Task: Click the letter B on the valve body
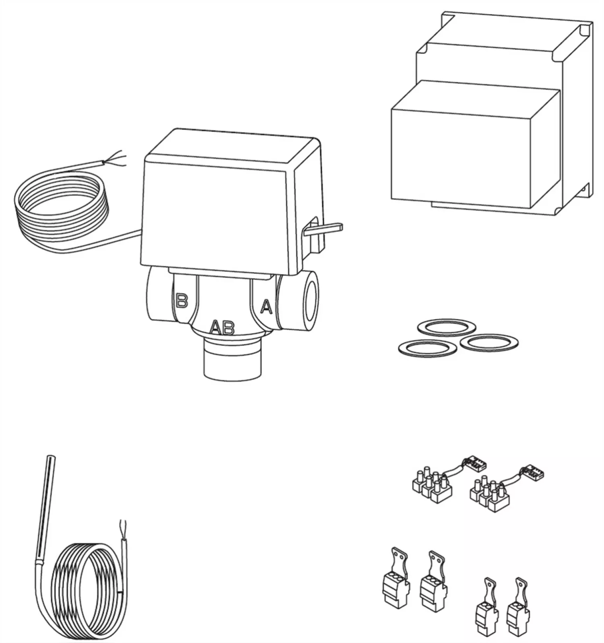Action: tap(182, 300)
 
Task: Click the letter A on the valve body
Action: tap(266, 307)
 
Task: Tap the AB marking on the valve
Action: tap(223, 328)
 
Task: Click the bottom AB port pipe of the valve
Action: tap(232, 360)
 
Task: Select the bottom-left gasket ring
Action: tap(427, 348)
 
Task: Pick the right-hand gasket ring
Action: tap(489, 342)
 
